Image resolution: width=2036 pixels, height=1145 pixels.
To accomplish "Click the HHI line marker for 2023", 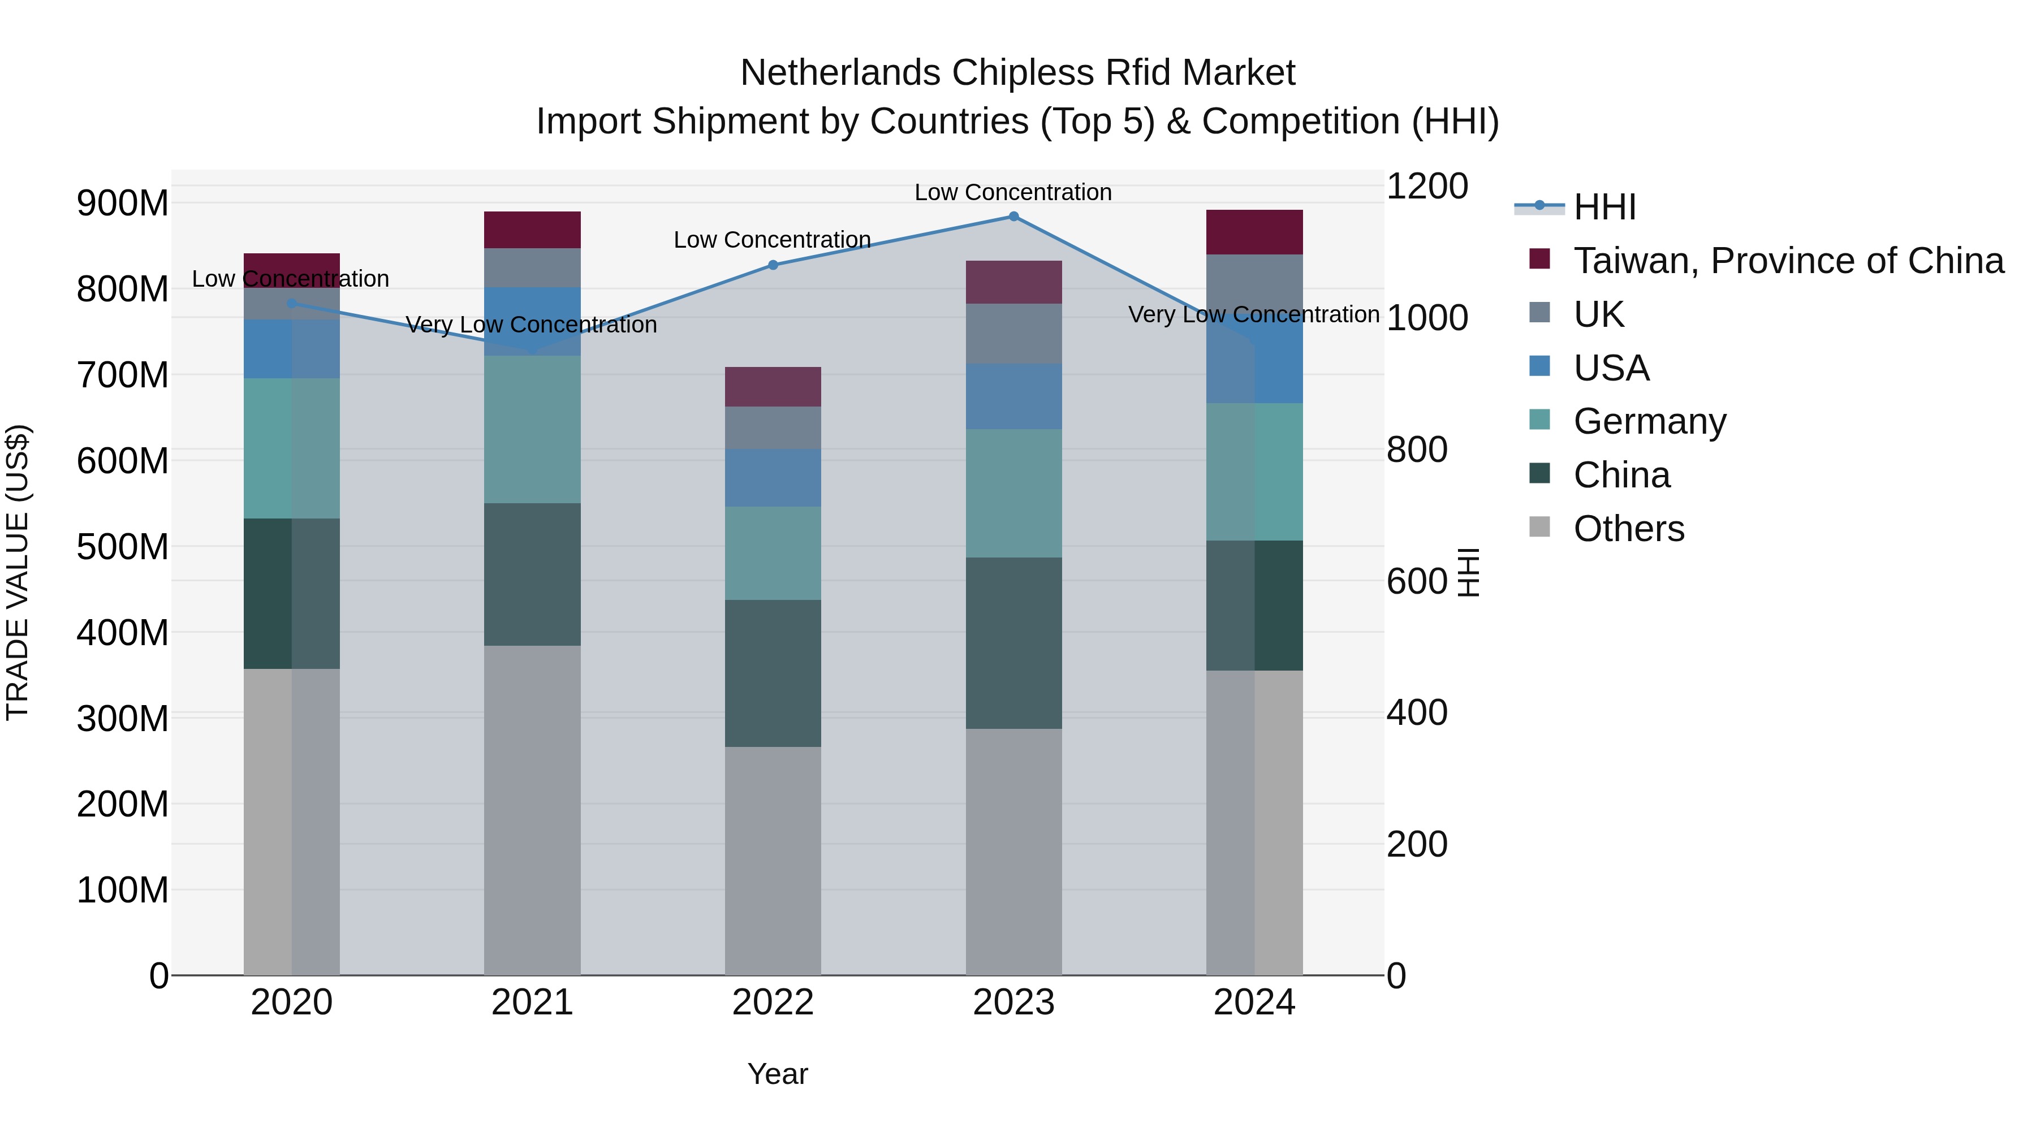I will [1013, 217].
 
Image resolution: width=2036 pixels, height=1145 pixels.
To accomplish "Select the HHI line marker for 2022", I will [773, 266].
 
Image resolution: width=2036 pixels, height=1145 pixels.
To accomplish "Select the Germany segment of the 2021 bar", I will [532, 429].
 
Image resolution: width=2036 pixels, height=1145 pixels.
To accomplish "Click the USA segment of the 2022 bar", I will [773, 477].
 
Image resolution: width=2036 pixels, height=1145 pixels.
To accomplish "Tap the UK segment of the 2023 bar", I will [1013, 334].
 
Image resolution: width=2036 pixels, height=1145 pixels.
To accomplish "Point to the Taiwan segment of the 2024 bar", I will [1254, 232].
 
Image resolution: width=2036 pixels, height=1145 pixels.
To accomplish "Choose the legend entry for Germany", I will [1650, 421].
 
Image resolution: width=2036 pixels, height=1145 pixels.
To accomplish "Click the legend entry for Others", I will [1628, 529].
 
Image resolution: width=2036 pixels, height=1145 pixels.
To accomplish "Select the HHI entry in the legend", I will [1604, 207].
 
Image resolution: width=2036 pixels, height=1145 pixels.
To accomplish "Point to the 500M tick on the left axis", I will [123, 547].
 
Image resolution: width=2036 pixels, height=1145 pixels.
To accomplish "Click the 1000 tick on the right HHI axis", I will [1427, 318].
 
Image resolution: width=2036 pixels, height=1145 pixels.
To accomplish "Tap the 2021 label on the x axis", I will [532, 1003].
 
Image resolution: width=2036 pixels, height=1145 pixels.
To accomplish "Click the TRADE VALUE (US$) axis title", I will [18, 572].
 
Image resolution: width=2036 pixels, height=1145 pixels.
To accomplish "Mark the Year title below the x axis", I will [778, 1074].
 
